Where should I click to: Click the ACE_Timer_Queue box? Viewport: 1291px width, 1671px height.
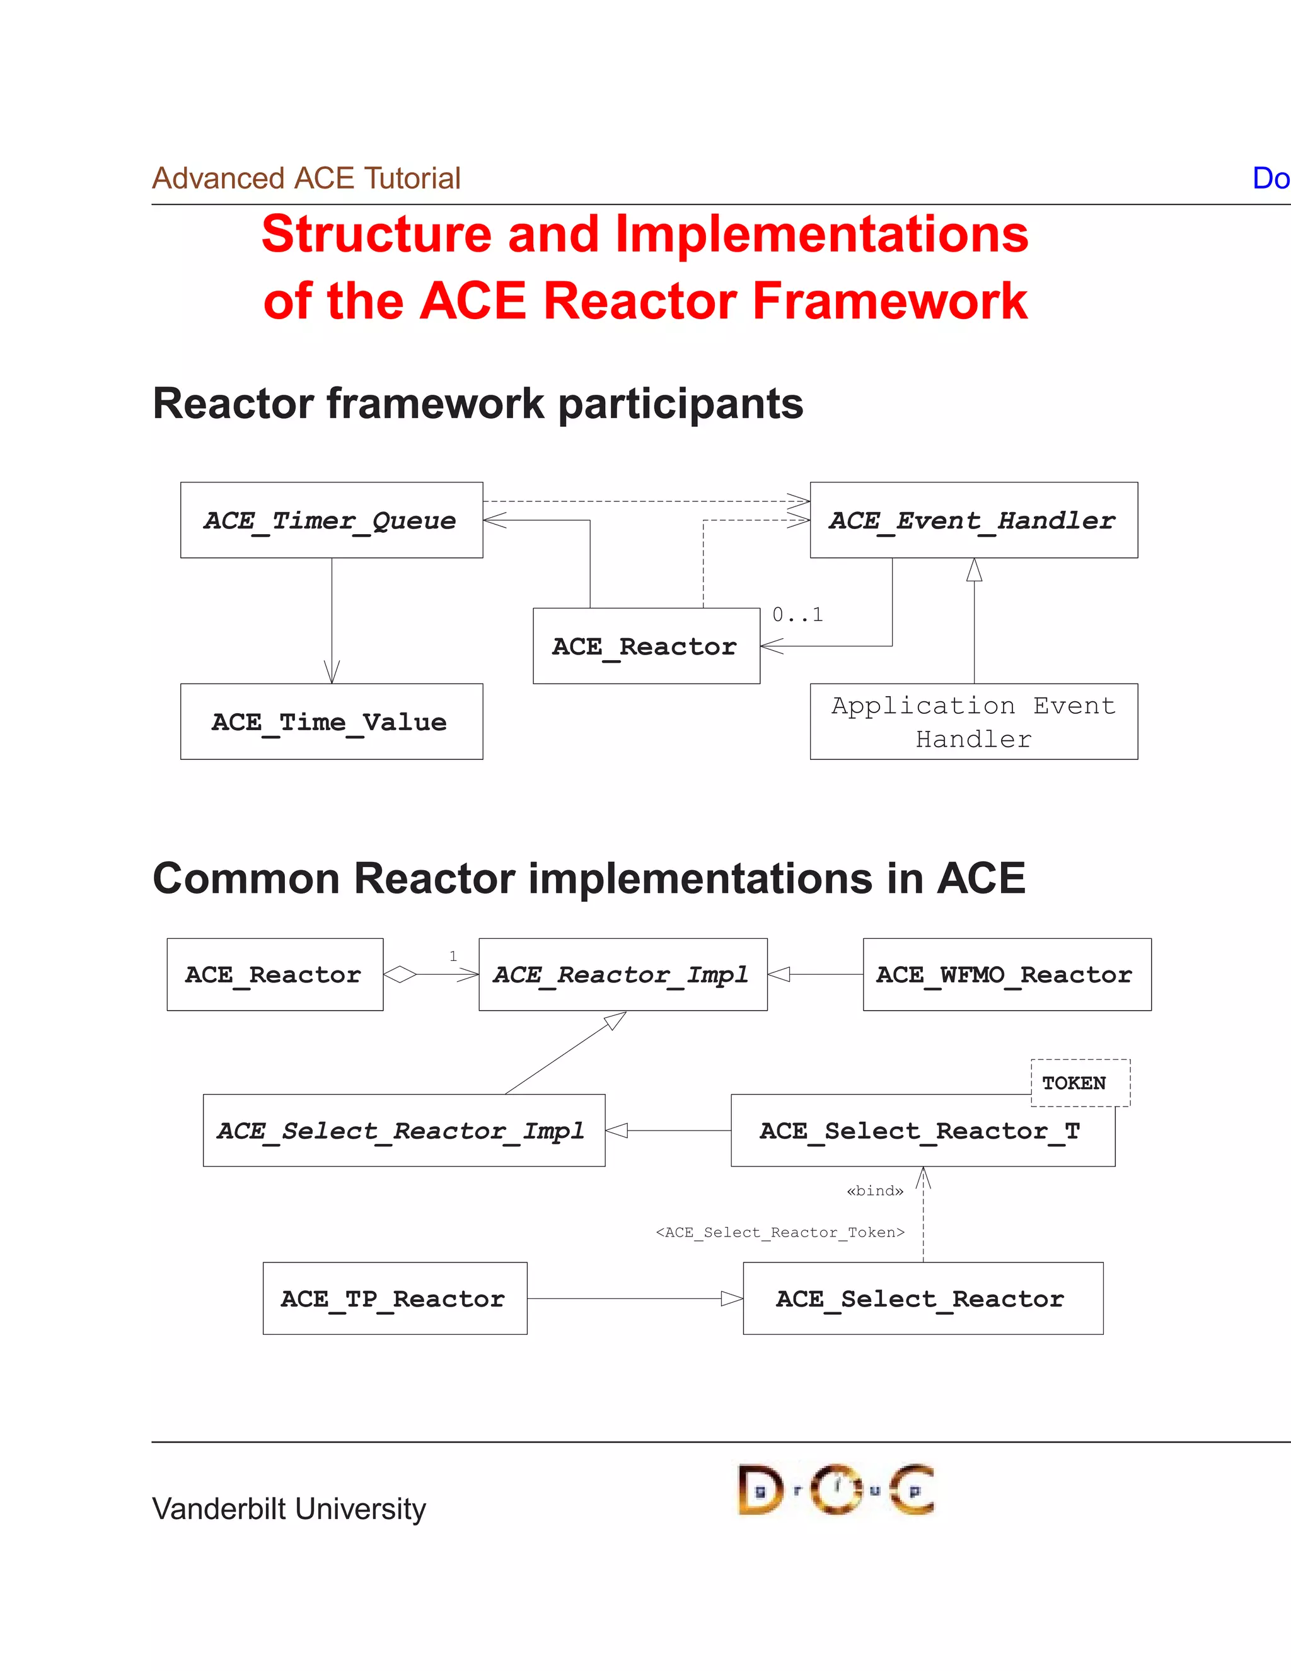point(331,520)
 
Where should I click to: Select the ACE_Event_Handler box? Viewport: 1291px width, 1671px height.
point(973,520)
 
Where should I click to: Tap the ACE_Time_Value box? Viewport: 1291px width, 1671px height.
point(331,721)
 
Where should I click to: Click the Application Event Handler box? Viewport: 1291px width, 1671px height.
point(973,721)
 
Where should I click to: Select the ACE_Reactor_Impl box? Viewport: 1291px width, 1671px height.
point(623,974)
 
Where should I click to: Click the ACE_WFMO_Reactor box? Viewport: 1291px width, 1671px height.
point(1007,974)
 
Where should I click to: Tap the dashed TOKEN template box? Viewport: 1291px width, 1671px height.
point(1079,1083)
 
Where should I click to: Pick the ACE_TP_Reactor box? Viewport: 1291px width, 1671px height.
point(395,1298)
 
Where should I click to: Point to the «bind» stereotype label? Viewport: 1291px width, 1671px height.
point(874,1191)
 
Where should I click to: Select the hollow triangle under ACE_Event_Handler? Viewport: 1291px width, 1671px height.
point(973,570)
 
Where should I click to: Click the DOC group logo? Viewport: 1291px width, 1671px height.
point(836,1489)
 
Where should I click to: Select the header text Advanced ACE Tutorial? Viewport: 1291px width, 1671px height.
point(306,178)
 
